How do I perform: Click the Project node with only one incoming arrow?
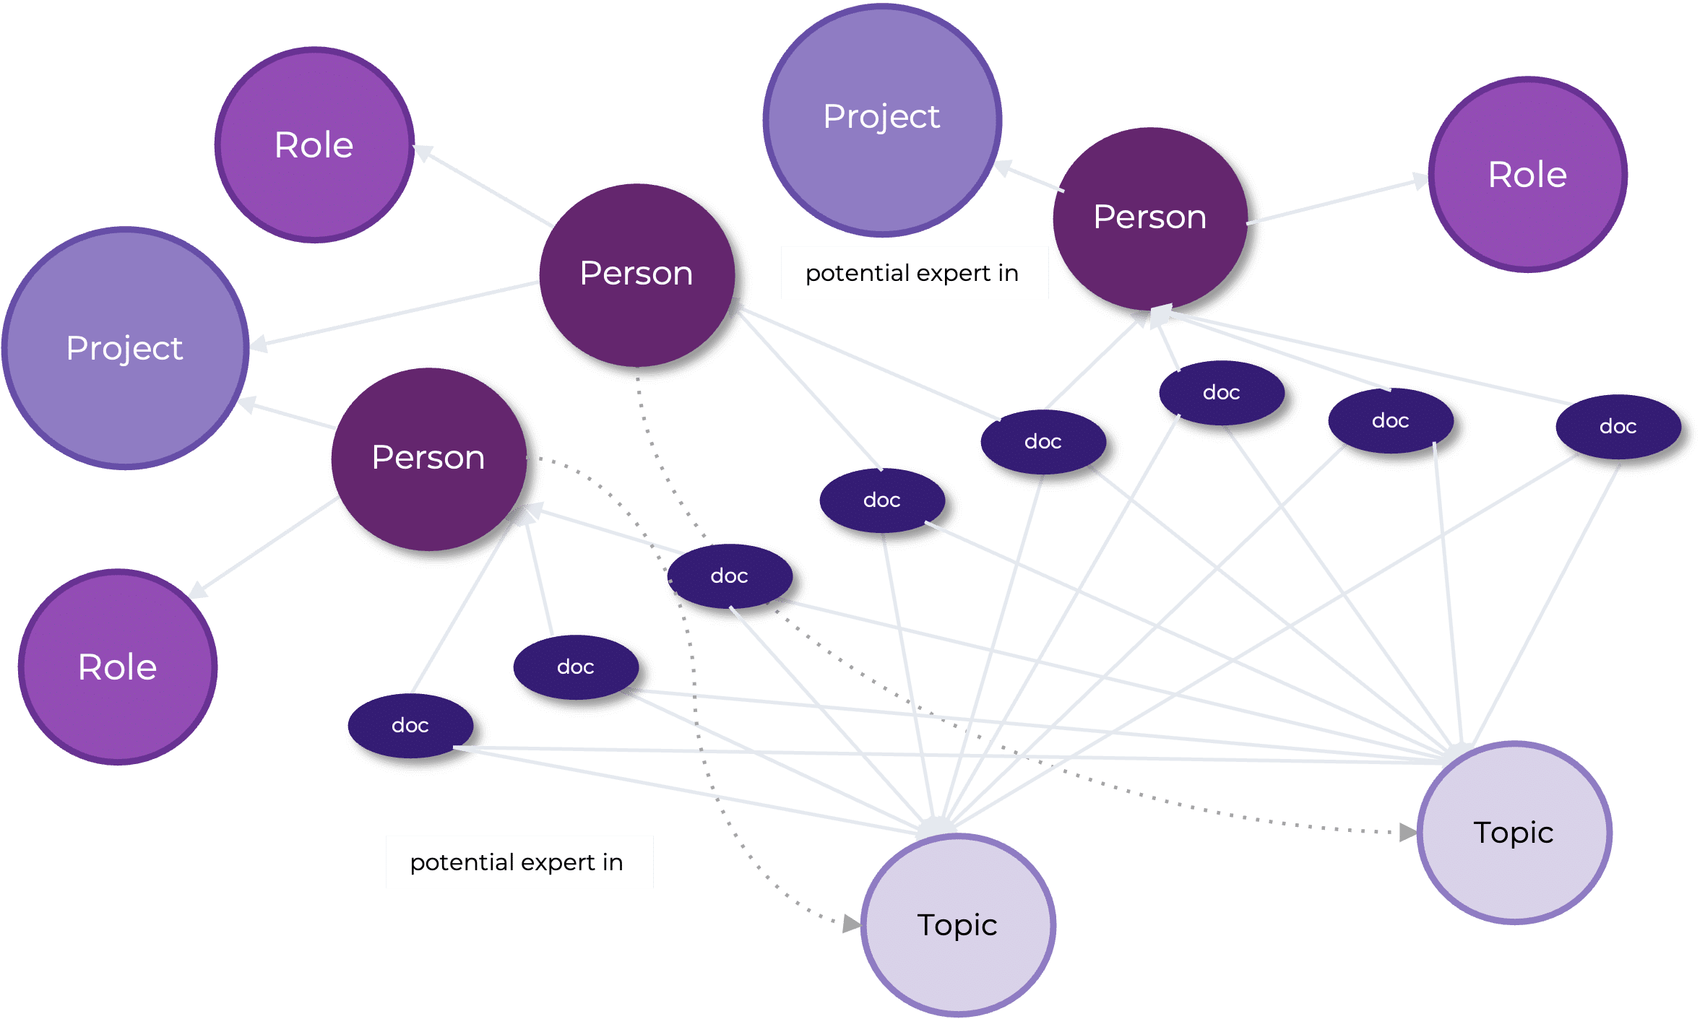882,120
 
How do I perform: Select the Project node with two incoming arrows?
126,348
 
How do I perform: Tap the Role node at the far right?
1527,175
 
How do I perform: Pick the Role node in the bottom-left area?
118,667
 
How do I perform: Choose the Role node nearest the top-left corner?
314,145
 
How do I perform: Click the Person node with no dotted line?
1149,217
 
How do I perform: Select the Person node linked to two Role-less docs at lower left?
428,458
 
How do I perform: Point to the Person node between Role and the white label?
636,274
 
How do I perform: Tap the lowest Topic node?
957,925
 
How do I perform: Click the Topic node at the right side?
1514,833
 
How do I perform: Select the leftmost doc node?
410,725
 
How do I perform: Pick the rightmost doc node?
1618,427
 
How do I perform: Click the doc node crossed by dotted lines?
729,576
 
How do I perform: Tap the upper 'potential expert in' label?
914,273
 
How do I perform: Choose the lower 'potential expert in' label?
519,862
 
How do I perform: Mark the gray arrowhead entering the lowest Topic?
852,924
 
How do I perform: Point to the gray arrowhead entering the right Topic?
1408,833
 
